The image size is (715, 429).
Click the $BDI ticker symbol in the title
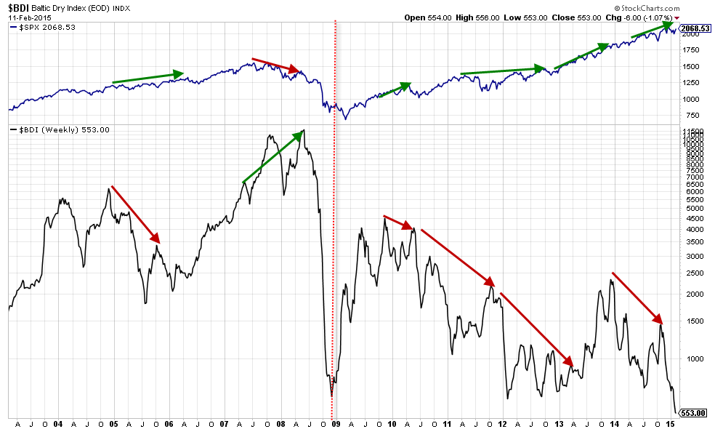tap(19, 8)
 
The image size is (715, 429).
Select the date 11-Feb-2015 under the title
tap(30, 17)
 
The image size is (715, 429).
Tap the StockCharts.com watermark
tap(647, 8)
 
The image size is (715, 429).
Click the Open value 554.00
tap(440, 17)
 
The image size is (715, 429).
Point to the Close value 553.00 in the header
tap(589, 17)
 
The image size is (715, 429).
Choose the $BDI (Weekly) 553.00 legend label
tap(64, 130)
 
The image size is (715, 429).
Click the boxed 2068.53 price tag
tap(695, 28)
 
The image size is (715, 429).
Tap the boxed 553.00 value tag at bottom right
tap(694, 413)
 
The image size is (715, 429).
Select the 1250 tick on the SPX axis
tap(691, 83)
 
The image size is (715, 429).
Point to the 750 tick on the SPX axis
tap(693, 116)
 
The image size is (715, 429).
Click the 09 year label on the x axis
tap(336, 424)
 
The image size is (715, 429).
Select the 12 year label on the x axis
tap(503, 424)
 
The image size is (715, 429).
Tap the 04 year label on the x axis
tap(58, 424)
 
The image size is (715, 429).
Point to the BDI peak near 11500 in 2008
tap(304, 131)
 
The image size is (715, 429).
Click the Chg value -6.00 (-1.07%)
tap(648, 17)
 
